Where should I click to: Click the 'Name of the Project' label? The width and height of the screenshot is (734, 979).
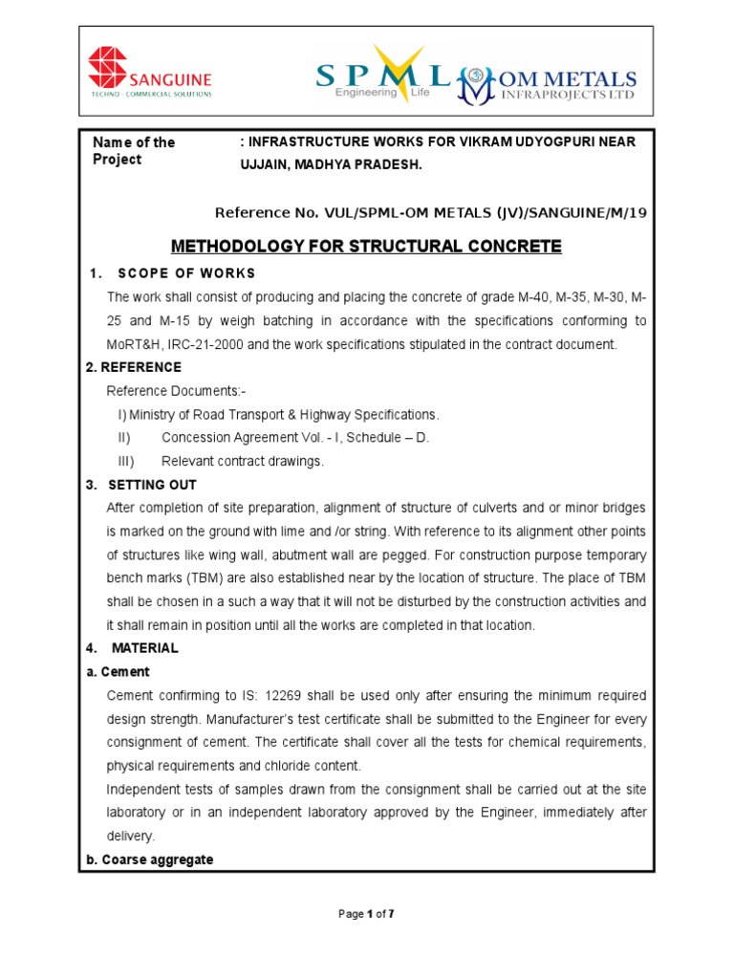click(133, 151)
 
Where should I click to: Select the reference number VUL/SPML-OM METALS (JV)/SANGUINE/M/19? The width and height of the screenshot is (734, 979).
click(430, 213)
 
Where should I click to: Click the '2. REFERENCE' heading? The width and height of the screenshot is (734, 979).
click(133, 367)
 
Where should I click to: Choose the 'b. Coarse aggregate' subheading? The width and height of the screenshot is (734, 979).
click(149, 859)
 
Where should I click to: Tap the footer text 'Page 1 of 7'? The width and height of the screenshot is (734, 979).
click(366, 914)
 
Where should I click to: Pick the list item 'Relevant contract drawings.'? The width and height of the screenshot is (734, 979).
click(243, 461)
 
